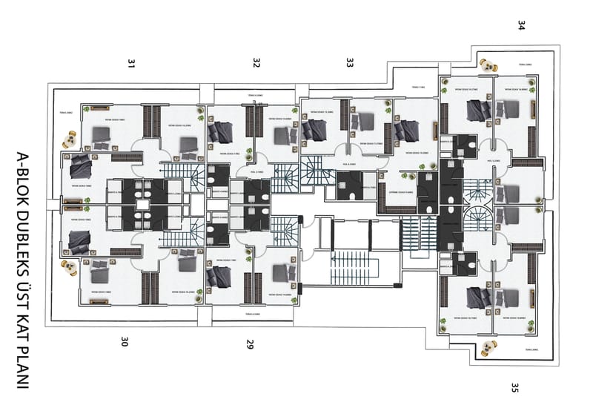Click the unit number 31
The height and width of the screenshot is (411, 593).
click(131, 65)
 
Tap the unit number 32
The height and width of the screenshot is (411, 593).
click(256, 64)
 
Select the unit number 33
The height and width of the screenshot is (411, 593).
click(349, 64)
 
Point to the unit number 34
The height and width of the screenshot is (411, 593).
click(521, 25)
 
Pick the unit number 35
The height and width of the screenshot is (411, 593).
click(514, 387)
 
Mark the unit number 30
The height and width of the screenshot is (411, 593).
click(125, 342)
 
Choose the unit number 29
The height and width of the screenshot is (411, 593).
click(250, 343)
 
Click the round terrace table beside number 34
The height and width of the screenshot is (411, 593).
click(488, 65)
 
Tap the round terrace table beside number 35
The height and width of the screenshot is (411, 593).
click(488, 346)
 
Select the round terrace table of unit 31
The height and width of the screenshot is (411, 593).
click(72, 139)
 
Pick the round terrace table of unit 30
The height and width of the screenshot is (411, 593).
click(70, 268)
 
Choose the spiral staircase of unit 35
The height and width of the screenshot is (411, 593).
click(475, 220)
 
